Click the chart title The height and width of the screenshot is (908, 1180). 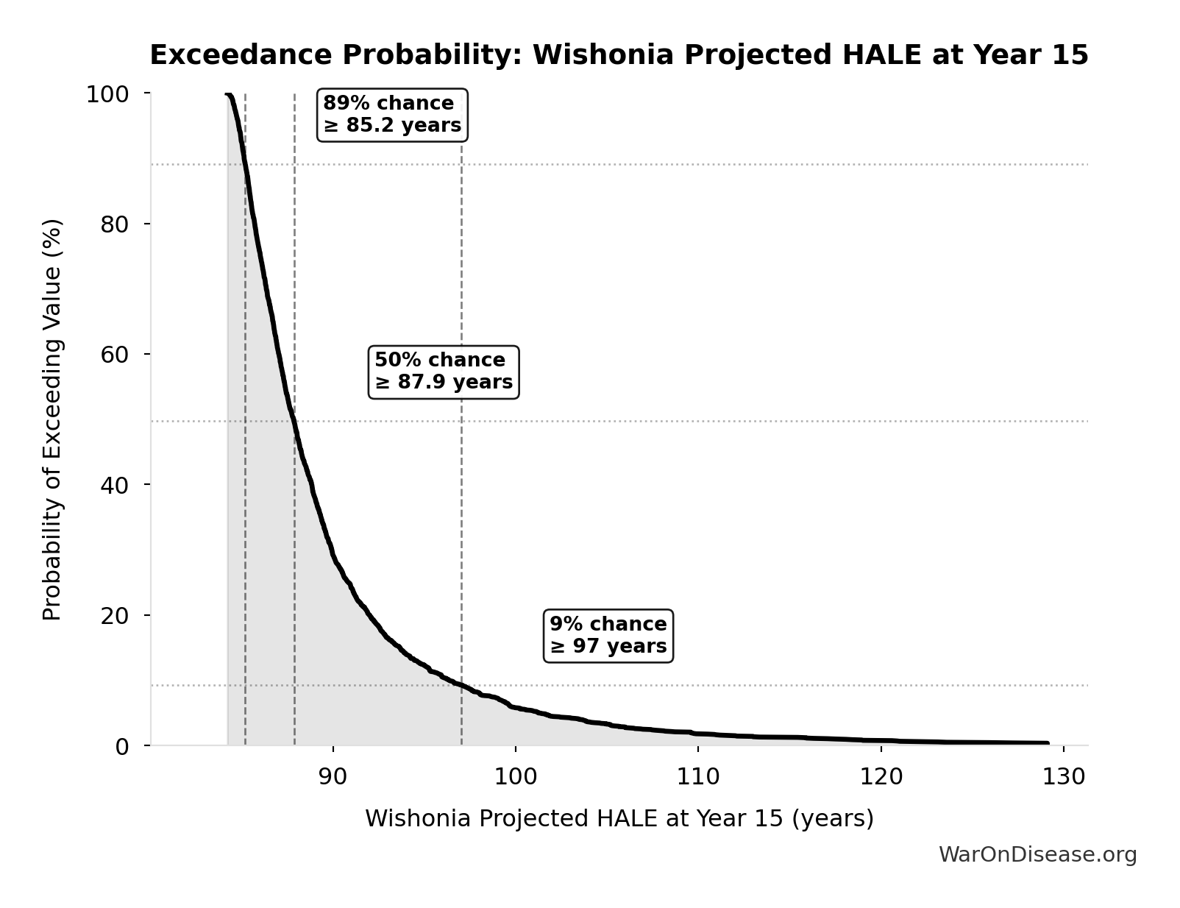pos(619,56)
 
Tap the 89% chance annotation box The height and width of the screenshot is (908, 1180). pos(392,115)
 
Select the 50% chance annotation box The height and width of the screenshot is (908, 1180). pos(444,372)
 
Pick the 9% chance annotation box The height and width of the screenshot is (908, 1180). pos(608,635)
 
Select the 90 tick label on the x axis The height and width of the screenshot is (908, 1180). pos(333,776)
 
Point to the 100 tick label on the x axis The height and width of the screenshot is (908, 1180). pos(515,776)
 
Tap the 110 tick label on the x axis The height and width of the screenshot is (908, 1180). pos(698,776)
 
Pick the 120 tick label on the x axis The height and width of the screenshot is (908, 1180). pos(881,776)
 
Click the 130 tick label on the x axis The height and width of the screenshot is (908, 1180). pos(1064,776)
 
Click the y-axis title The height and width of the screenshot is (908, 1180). pos(52,419)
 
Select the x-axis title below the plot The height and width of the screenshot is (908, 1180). pos(619,818)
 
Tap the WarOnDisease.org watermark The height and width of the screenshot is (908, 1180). pos(1037,854)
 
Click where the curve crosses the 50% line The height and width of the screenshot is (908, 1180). pos(294,422)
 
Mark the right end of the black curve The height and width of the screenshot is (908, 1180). pos(1048,743)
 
